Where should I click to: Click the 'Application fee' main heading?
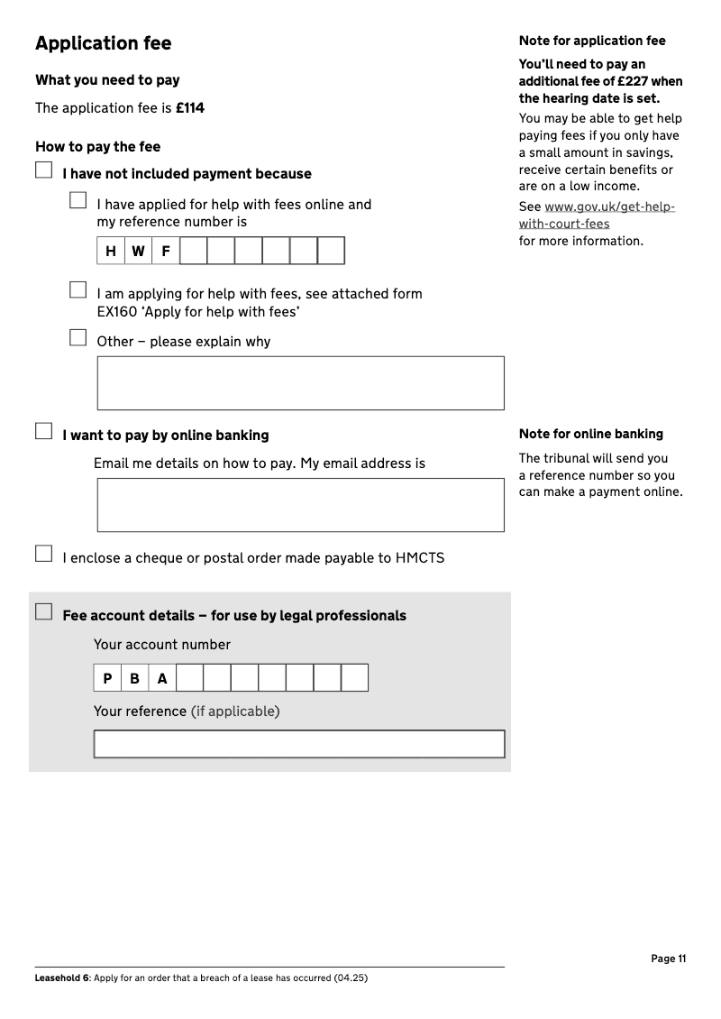[x=103, y=43]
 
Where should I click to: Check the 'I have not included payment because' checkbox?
[x=44, y=170]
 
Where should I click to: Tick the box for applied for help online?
[x=78, y=201]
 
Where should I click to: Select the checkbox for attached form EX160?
[x=78, y=290]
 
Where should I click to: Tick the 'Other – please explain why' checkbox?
[x=78, y=338]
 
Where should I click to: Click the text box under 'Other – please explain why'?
[x=300, y=383]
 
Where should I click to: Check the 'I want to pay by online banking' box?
[x=44, y=432]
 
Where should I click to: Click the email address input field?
[x=300, y=505]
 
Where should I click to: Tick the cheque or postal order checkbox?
[x=44, y=554]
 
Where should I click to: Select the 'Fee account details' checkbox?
[x=44, y=612]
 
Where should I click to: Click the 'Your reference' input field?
[x=299, y=744]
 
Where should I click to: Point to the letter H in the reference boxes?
[x=111, y=252]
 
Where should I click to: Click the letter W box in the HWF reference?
[x=138, y=252]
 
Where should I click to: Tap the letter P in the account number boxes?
[x=107, y=679]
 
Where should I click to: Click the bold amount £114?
[x=190, y=108]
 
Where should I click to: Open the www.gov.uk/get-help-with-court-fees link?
[x=597, y=216]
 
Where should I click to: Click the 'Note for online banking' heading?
[x=590, y=434]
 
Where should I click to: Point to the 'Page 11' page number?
[x=668, y=959]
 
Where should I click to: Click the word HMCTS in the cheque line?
[x=420, y=558]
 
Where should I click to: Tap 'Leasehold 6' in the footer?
[x=61, y=978]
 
